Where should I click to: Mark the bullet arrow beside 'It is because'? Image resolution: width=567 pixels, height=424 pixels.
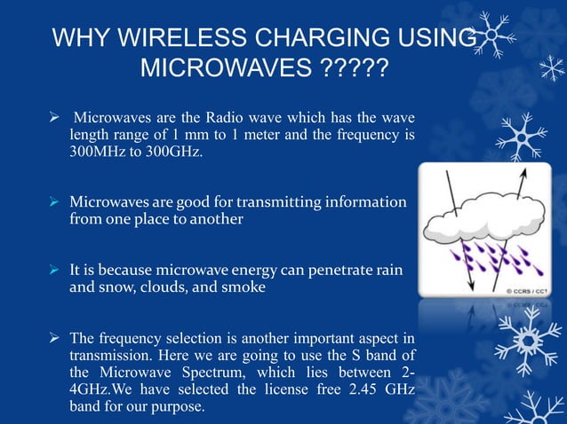point(56,270)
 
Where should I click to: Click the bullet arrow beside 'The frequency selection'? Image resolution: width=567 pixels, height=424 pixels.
point(56,338)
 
